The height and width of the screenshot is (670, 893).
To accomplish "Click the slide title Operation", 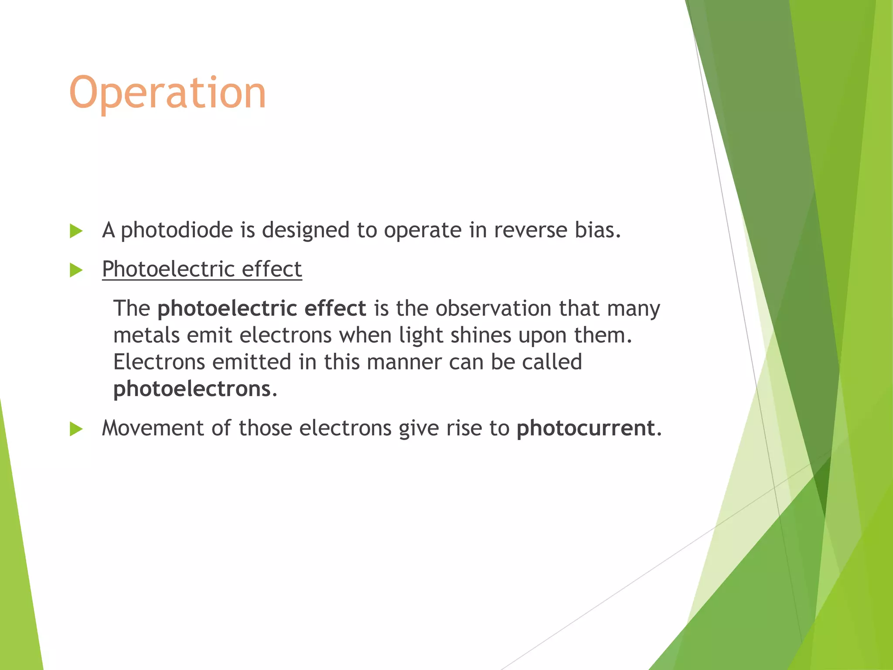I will (x=167, y=93).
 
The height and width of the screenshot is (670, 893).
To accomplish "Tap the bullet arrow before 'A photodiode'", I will (x=76, y=231).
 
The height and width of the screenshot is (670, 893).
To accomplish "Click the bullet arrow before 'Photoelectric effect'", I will (x=76, y=270).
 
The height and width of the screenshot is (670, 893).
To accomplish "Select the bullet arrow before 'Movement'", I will (x=76, y=429).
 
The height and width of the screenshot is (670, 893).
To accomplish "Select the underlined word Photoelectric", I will (x=168, y=269).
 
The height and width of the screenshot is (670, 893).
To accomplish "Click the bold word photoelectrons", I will (x=192, y=389).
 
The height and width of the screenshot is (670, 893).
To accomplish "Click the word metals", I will (x=146, y=335).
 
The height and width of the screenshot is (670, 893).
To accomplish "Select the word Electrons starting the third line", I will (x=159, y=362).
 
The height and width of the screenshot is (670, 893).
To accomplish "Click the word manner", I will (x=404, y=362).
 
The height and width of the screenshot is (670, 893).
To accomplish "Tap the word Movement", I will (x=153, y=428).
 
